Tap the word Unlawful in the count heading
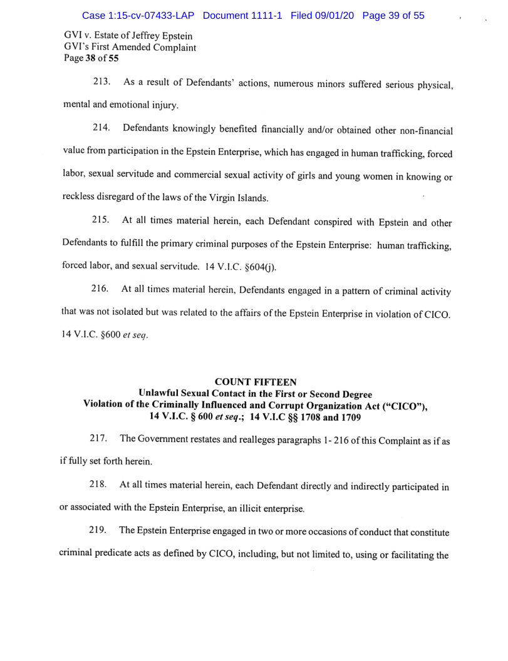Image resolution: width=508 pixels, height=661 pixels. tap(160, 394)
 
